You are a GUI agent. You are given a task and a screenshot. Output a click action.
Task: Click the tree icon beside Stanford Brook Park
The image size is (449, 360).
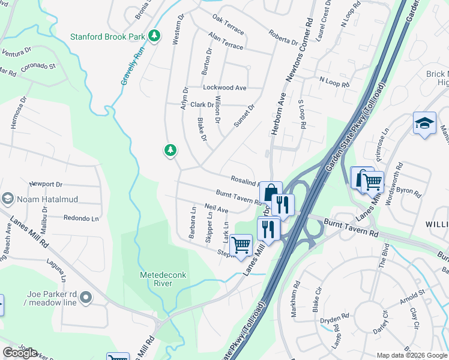pos(155,36)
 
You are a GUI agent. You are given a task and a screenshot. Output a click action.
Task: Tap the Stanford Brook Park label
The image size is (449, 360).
pos(108,37)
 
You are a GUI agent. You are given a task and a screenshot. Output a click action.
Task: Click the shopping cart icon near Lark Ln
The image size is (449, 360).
pos(241,245)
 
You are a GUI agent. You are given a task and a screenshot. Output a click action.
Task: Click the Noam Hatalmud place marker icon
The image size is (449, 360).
pos(8,198)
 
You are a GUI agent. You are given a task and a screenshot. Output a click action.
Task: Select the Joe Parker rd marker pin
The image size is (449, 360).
pos(86,297)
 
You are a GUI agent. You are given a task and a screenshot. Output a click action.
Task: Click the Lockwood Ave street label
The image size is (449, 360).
pos(224,88)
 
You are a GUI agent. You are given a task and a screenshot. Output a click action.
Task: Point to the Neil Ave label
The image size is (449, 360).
pos(216,209)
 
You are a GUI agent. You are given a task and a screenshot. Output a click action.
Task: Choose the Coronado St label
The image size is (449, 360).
pos(38,66)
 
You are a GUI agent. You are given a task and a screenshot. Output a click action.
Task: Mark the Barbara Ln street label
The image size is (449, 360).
pos(193,223)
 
